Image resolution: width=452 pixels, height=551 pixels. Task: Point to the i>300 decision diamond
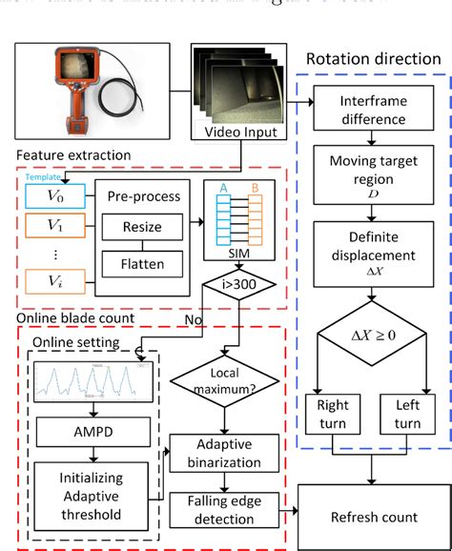tap(226, 284)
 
